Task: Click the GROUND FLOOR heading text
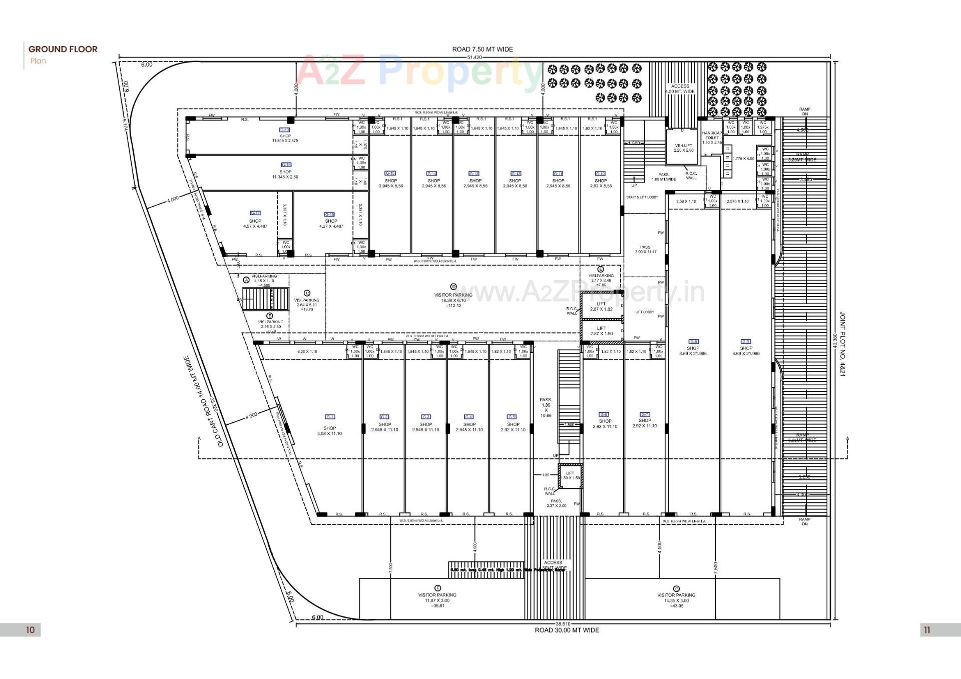click(63, 49)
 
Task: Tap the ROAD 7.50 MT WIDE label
click(482, 49)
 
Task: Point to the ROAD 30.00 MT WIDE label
click(567, 630)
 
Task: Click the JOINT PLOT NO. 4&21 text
click(842, 344)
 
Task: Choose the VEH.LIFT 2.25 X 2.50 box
click(683, 148)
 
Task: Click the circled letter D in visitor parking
click(453, 287)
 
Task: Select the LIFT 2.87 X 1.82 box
click(601, 306)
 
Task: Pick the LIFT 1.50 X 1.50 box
click(570, 475)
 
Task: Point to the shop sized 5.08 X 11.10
click(329, 431)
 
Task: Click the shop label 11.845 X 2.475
click(285, 138)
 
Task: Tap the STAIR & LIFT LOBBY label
click(642, 197)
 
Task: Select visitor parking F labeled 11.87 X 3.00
click(437, 597)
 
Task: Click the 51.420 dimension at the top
click(474, 57)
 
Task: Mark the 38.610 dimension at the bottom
click(563, 624)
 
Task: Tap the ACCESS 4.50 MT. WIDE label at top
click(680, 89)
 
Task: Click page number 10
click(30, 630)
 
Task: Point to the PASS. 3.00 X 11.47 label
click(646, 249)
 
